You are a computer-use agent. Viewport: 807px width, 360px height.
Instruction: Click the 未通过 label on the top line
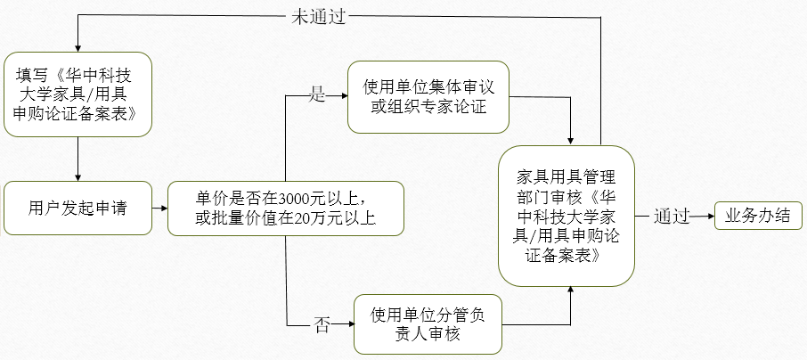click(318, 17)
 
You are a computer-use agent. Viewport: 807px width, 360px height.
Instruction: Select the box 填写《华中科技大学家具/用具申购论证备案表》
click(77, 94)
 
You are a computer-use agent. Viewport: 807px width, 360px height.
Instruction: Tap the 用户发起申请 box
click(77, 209)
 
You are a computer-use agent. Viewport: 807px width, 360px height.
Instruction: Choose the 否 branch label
click(322, 324)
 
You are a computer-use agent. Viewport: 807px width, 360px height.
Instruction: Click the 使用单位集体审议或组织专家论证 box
click(428, 97)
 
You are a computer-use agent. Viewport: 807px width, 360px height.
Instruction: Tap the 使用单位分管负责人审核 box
click(428, 324)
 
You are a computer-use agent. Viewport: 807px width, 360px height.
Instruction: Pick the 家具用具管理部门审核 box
click(566, 214)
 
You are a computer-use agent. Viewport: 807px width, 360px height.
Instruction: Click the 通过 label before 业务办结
click(672, 217)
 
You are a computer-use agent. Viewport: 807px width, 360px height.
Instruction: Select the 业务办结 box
click(758, 216)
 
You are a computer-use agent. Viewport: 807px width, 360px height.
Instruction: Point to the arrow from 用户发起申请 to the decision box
click(159, 209)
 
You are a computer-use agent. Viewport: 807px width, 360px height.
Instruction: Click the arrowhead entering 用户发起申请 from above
click(78, 176)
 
